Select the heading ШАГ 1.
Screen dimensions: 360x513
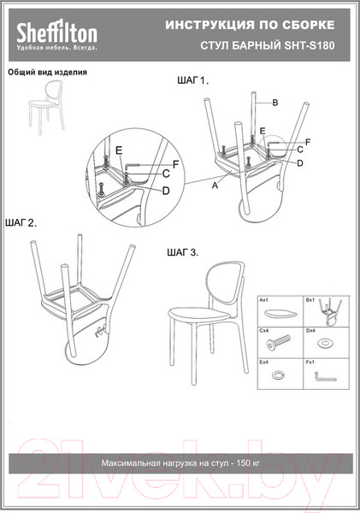click(x=192, y=80)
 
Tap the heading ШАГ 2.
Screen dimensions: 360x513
click(x=21, y=223)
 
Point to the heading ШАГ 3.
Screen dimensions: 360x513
click(x=183, y=252)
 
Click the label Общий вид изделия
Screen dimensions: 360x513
click(x=47, y=72)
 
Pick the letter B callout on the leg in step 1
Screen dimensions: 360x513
click(x=275, y=103)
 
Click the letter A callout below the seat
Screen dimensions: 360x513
click(x=215, y=186)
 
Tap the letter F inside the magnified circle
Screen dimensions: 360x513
click(x=176, y=164)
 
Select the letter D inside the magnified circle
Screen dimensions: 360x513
click(x=166, y=191)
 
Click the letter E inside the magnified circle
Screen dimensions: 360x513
click(x=119, y=150)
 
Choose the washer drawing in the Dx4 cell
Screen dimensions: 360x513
click(x=325, y=343)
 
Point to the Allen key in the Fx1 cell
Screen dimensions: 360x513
click(x=325, y=377)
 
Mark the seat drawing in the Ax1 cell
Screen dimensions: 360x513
click(x=280, y=314)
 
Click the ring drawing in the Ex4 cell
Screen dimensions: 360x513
click(x=278, y=374)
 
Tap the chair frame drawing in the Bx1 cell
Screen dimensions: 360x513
click(x=330, y=311)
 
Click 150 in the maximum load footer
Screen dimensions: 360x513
click(x=244, y=463)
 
